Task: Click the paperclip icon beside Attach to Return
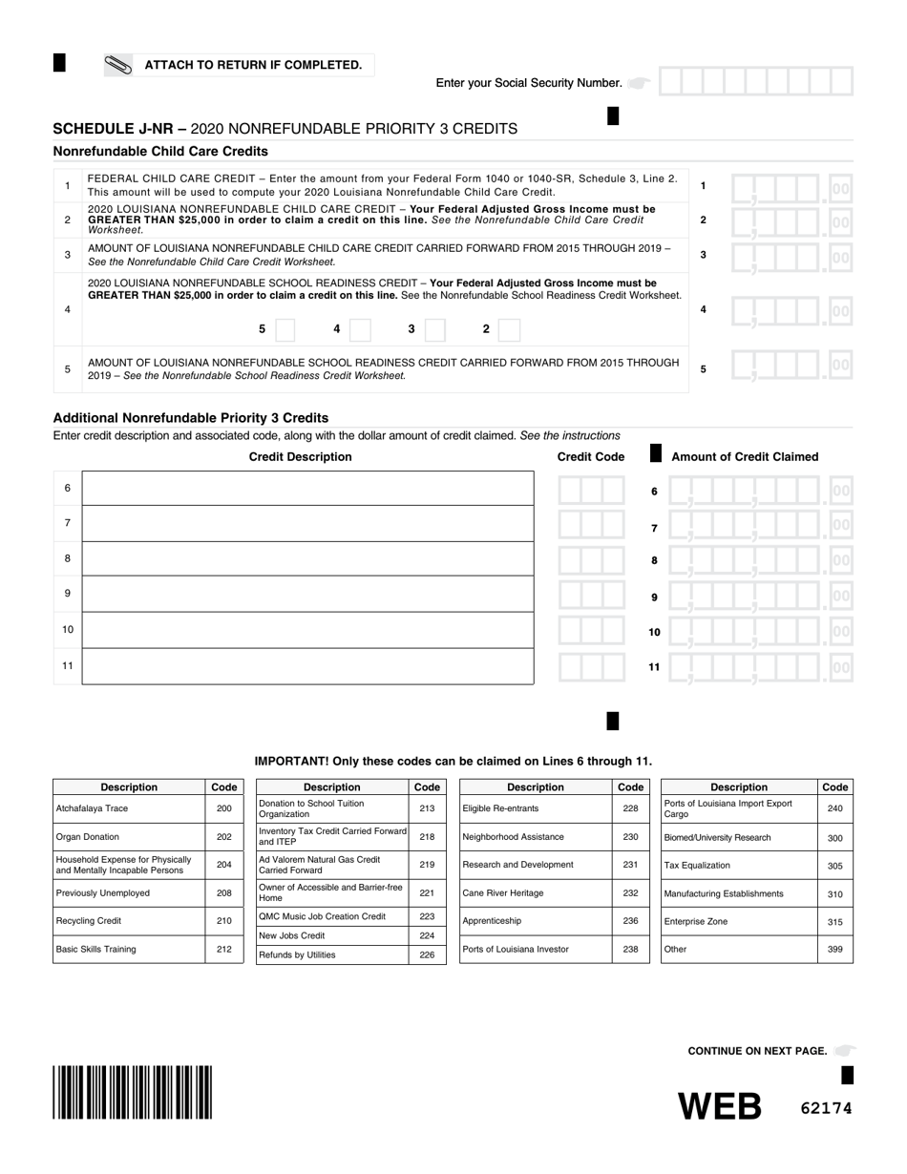point(118,65)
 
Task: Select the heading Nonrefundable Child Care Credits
point(160,151)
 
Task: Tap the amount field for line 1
point(791,187)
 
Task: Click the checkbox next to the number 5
point(285,329)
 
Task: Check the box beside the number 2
point(509,329)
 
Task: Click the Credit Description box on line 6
point(307,488)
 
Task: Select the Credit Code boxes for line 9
point(592,595)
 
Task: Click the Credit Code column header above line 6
point(590,456)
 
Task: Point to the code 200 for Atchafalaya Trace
point(223,808)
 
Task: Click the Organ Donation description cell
point(129,837)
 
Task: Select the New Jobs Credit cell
point(332,935)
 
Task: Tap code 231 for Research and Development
point(630,865)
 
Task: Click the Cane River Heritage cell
point(535,893)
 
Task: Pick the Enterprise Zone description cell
point(739,922)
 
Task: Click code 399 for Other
point(834,950)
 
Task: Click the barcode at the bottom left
point(133,1092)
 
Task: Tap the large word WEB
point(720,1106)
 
